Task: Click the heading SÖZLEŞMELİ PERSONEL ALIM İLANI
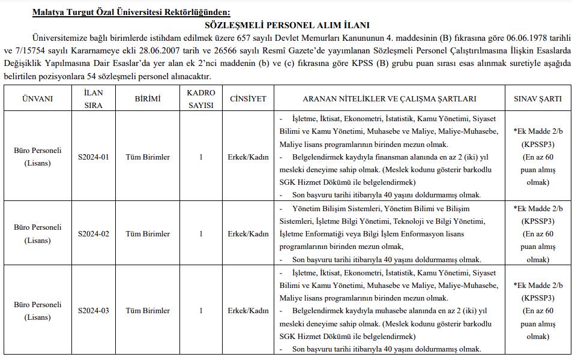pyautogui.click(x=287, y=25)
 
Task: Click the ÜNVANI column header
pyautogui.click(x=37, y=98)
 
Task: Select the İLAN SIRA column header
pyautogui.click(x=94, y=98)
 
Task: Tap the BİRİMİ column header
pyautogui.click(x=147, y=98)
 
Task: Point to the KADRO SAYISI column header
pyautogui.click(x=200, y=98)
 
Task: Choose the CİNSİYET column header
pyautogui.click(x=248, y=98)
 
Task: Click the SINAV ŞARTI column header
pyautogui.click(x=538, y=98)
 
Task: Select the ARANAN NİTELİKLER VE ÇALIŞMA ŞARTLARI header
pyautogui.click(x=390, y=98)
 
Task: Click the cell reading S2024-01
pyautogui.click(x=94, y=157)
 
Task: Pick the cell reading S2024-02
pyautogui.click(x=94, y=234)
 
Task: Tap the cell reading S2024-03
pyautogui.click(x=94, y=311)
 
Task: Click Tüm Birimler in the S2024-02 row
pyautogui.click(x=148, y=234)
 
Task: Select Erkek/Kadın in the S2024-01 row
pyautogui.click(x=248, y=157)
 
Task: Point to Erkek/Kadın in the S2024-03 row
pyautogui.click(x=248, y=311)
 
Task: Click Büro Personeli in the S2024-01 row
pyautogui.click(x=37, y=151)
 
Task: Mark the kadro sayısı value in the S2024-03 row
pyautogui.click(x=200, y=311)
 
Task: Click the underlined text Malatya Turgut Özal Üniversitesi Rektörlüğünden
pyautogui.click(x=131, y=12)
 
